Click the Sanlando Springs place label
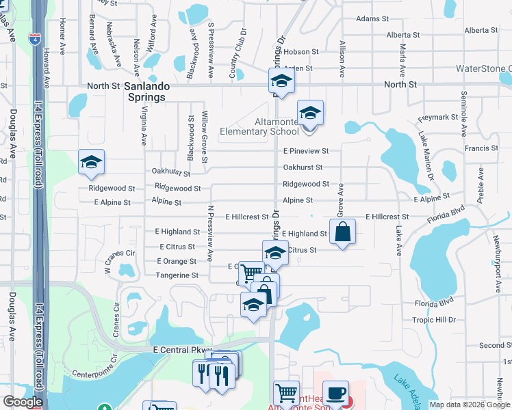(x=145, y=92)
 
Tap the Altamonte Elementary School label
(x=259, y=126)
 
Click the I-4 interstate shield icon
(x=34, y=39)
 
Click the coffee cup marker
(x=335, y=393)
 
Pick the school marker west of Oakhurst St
(x=91, y=162)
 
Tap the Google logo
(x=23, y=402)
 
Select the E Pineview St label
(x=306, y=150)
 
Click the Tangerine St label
(x=177, y=275)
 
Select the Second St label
(x=491, y=346)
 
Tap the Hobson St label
(x=301, y=51)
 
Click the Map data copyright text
(x=469, y=405)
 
